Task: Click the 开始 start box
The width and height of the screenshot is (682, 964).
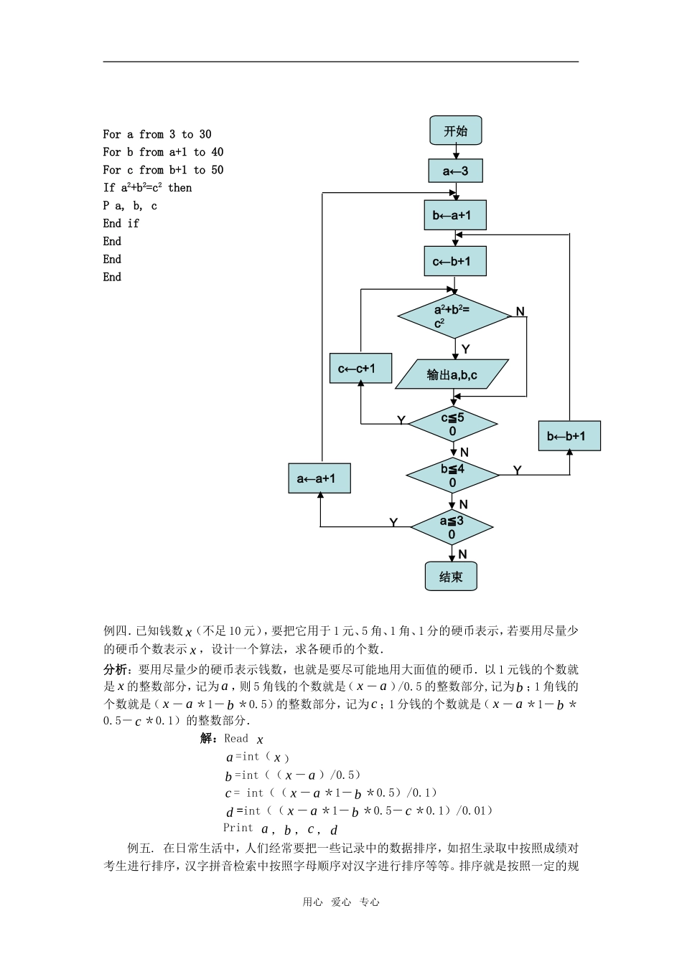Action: pyautogui.click(x=455, y=131)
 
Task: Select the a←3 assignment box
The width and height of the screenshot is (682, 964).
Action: pyautogui.click(x=455, y=171)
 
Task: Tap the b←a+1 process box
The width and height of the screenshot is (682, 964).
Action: pyautogui.click(x=455, y=215)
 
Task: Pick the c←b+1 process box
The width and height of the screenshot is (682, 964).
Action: pyautogui.click(x=455, y=261)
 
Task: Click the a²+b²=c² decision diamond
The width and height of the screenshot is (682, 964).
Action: pyautogui.click(x=454, y=316)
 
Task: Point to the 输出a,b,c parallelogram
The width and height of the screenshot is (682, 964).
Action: pyautogui.click(x=452, y=374)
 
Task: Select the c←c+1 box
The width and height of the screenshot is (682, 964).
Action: pyautogui.click(x=357, y=369)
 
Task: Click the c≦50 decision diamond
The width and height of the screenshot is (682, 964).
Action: pyautogui.click(x=453, y=424)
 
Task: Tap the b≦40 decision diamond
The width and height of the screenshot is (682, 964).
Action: pyautogui.click(x=453, y=475)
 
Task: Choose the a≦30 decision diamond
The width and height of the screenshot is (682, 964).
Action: pyautogui.click(x=452, y=527)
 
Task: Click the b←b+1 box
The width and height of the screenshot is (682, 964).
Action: pyautogui.click(x=569, y=436)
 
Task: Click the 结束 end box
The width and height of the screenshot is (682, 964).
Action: pyautogui.click(x=451, y=577)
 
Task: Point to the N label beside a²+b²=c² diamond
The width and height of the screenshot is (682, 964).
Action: pyautogui.click(x=520, y=311)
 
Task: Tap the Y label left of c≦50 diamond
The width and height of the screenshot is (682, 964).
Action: pyautogui.click(x=401, y=420)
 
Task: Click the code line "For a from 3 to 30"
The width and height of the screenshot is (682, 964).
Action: pyautogui.click(x=157, y=134)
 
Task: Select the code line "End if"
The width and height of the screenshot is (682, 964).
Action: pyautogui.click(x=121, y=224)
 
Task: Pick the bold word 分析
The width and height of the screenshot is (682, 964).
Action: pyautogui.click(x=115, y=669)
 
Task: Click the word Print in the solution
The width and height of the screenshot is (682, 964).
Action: pyautogui.click(x=238, y=828)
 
